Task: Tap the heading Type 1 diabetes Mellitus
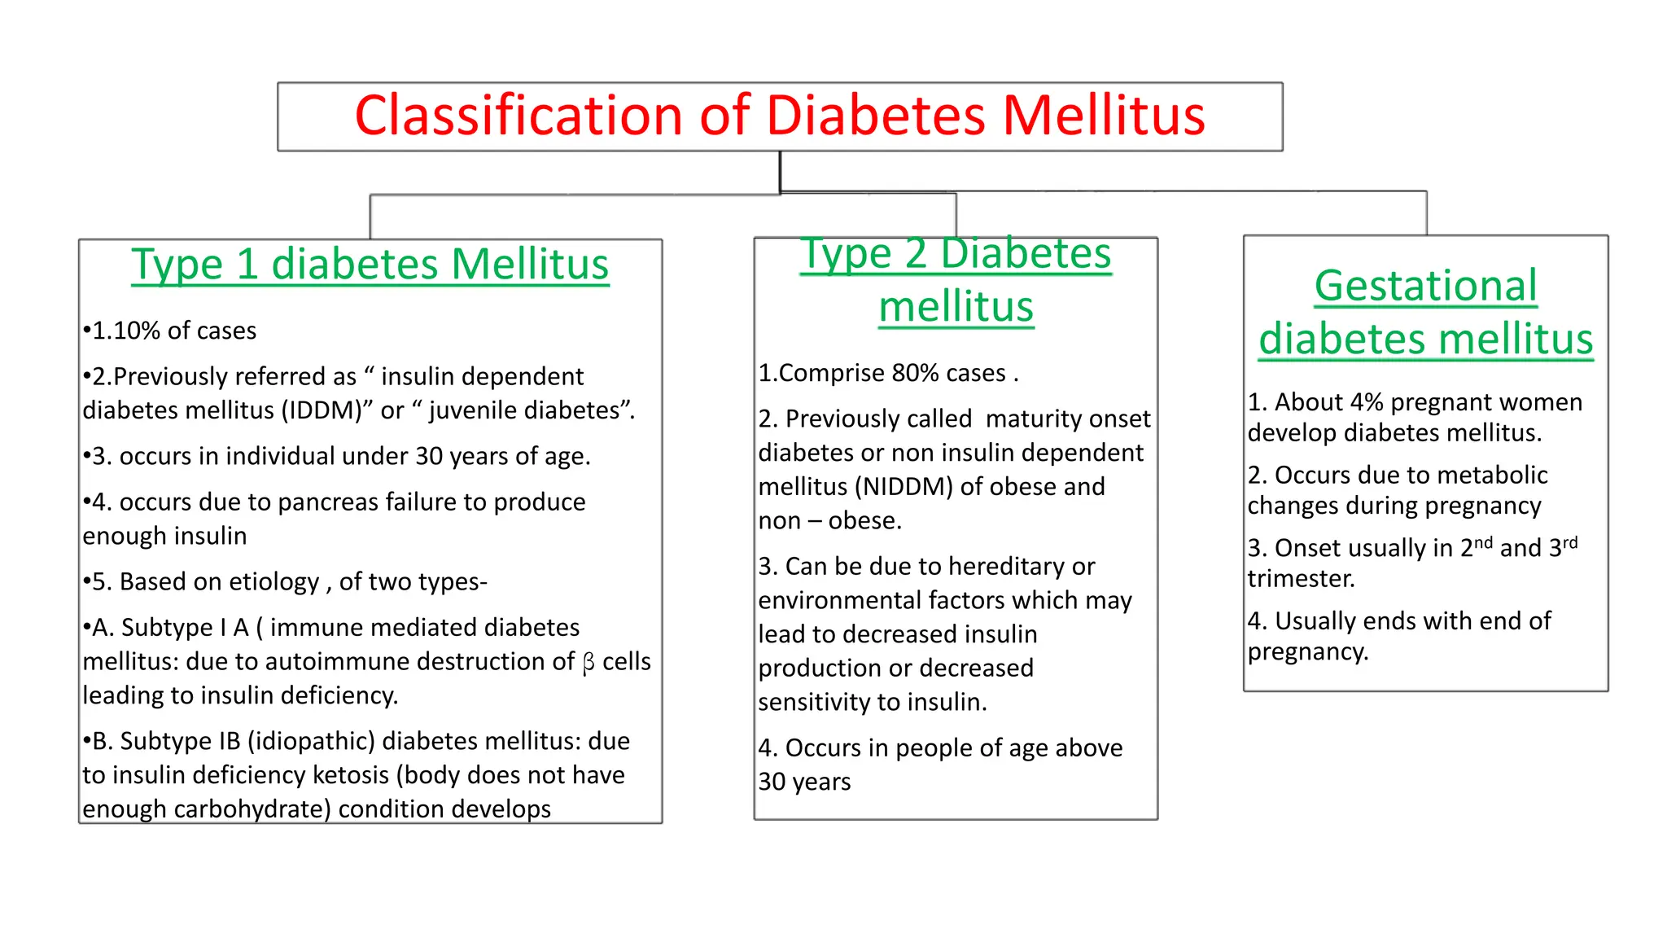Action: (370, 265)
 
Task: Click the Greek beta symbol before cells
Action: (588, 663)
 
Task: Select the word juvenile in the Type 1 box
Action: (474, 410)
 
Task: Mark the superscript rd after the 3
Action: (1570, 542)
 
